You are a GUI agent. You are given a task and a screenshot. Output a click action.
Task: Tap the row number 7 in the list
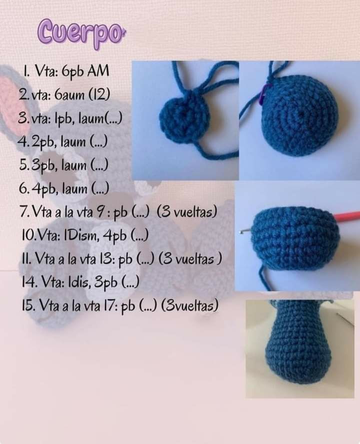(23, 212)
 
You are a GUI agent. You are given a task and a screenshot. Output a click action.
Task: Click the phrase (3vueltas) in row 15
(189, 305)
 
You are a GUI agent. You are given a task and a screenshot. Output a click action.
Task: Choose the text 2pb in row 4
(44, 142)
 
